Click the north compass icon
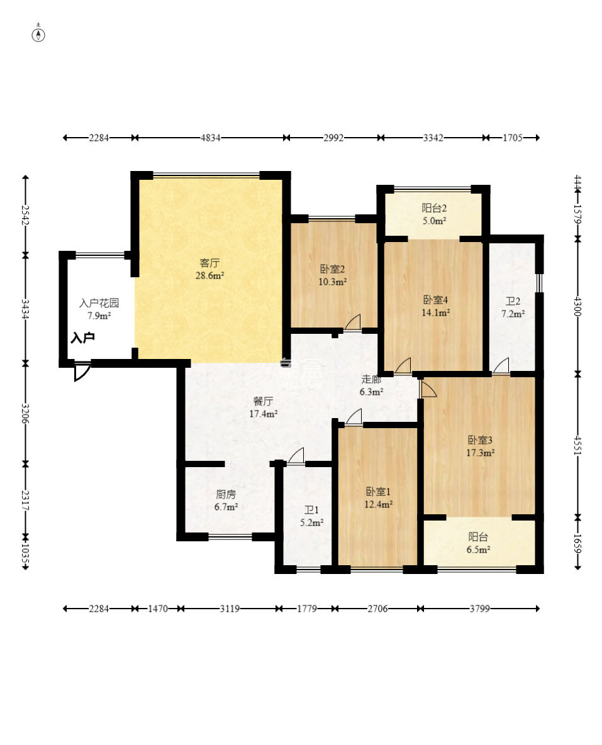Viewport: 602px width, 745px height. coord(38,34)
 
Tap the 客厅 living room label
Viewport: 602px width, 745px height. coord(209,263)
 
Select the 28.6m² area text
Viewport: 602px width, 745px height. coord(209,275)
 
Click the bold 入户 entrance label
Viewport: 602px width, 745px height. coord(82,338)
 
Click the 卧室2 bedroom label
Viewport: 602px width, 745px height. coord(332,270)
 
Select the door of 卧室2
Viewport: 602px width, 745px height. coord(353,322)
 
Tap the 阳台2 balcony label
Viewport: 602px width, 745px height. coord(433,208)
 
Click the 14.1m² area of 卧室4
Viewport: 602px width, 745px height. coord(435,311)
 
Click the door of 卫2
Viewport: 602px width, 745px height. coord(501,366)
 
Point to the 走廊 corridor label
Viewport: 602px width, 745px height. coord(371,380)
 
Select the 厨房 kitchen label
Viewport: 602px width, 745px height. coord(225,494)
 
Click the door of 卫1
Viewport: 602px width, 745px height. coord(296,456)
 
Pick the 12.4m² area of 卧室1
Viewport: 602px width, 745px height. coord(379,504)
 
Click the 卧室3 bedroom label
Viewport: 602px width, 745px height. coord(479,440)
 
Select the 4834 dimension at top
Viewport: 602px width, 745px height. coord(210,138)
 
